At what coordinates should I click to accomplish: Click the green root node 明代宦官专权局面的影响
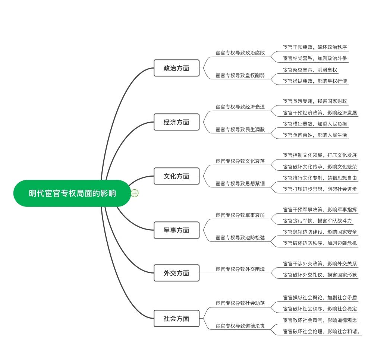[x=72, y=193]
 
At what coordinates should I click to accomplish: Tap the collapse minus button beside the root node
[x=135, y=193]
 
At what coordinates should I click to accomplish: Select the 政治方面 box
[x=176, y=68]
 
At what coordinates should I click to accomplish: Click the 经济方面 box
[x=176, y=122]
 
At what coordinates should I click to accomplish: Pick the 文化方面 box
[x=176, y=176]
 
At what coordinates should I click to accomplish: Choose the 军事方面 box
[x=176, y=230]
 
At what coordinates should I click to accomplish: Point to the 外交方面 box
[x=176, y=273]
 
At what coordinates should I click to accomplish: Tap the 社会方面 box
[x=176, y=319]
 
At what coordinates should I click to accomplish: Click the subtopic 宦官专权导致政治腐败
[x=240, y=53]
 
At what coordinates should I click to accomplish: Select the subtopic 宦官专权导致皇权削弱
[x=240, y=76]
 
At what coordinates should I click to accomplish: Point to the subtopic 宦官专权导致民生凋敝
[x=240, y=130]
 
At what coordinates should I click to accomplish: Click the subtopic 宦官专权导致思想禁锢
[x=240, y=184]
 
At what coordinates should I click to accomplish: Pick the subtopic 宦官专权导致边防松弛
[x=240, y=238]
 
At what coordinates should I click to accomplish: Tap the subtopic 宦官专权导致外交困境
[x=240, y=269]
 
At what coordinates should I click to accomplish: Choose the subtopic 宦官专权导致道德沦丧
[x=240, y=326]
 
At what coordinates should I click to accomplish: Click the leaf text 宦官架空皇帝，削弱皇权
[x=310, y=70]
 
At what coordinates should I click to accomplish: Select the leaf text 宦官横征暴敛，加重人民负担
[x=315, y=124]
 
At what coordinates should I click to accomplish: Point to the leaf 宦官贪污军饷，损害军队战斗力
[x=317, y=221]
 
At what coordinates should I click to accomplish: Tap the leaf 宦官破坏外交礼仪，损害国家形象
[x=320, y=275]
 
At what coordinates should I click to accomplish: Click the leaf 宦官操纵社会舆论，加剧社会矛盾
[x=320, y=297]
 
